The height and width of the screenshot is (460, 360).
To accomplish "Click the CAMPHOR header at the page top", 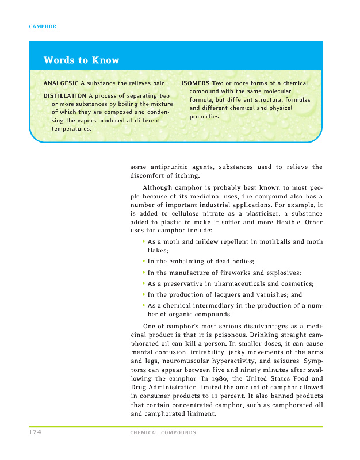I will pos(42,27).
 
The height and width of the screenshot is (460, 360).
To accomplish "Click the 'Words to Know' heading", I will pos(81,60).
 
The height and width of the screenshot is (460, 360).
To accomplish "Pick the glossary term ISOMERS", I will pos(196,83).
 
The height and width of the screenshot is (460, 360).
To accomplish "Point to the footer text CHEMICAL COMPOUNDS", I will pos(164,432).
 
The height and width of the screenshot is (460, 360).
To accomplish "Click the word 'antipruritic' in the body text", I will pos(180,167).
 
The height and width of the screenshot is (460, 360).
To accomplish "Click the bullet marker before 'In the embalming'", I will pos(143,260).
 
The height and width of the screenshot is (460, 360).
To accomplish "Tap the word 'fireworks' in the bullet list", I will pos(240,272).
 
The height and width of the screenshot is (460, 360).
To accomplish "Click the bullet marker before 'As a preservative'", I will pos(143,283).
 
